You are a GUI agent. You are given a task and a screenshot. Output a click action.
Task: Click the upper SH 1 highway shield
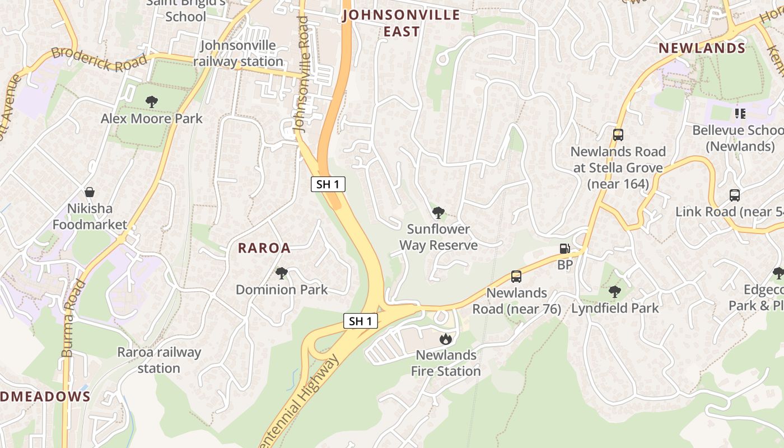click(x=328, y=184)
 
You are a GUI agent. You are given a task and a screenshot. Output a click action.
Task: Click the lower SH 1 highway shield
click(x=360, y=321)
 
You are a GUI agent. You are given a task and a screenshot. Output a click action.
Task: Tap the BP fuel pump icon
click(x=564, y=249)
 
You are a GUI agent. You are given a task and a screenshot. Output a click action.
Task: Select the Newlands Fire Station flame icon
click(x=445, y=339)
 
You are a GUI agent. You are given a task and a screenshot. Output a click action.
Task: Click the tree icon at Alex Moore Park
click(x=151, y=102)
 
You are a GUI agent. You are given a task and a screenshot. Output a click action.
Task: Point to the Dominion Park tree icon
click(x=281, y=273)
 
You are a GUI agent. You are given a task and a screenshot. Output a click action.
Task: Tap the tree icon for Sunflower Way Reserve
click(x=438, y=213)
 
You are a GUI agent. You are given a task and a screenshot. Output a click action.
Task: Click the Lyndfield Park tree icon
click(x=614, y=292)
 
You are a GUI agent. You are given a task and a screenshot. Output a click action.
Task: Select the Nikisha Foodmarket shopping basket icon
click(x=89, y=192)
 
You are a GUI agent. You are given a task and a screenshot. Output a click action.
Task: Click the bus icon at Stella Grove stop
click(x=618, y=135)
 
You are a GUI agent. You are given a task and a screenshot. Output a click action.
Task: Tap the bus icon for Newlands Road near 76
click(x=516, y=277)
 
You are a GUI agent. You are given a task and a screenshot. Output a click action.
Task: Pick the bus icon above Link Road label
click(x=735, y=195)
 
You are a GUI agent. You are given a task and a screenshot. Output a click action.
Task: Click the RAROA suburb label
click(x=264, y=248)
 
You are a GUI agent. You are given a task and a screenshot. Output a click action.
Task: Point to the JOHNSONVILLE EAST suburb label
click(x=401, y=23)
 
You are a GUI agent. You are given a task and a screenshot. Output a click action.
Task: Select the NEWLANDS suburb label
click(x=702, y=48)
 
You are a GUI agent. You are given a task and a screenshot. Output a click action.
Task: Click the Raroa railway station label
click(x=159, y=360)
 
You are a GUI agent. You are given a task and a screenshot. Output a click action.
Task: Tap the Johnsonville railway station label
click(x=238, y=53)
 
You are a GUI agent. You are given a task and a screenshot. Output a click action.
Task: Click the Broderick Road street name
click(x=99, y=59)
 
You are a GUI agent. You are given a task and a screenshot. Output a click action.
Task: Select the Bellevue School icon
click(x=740, y=114)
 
